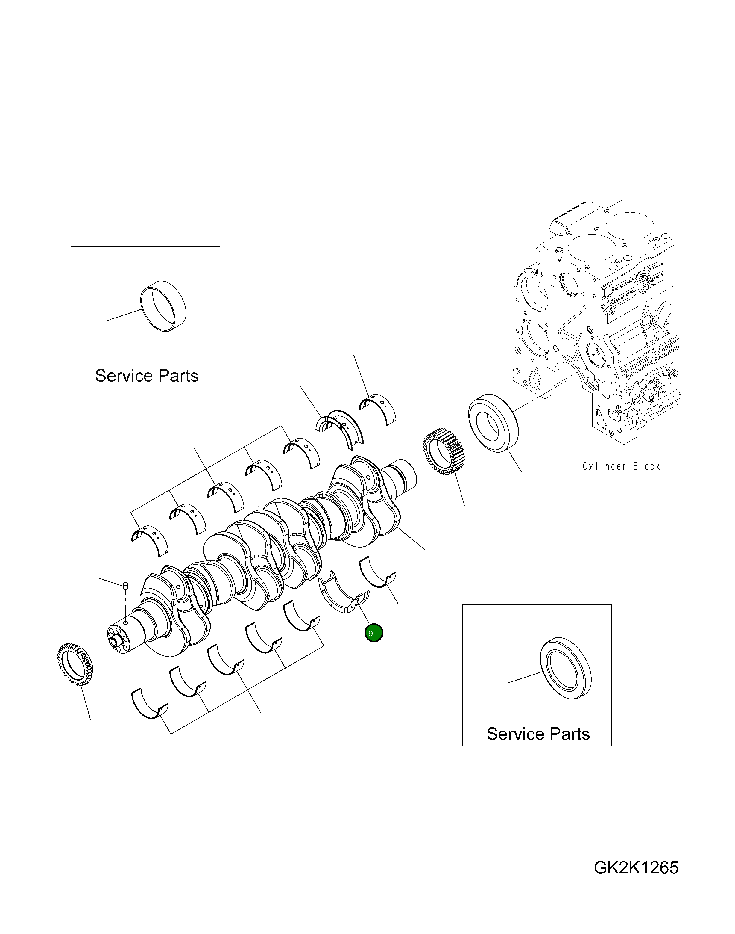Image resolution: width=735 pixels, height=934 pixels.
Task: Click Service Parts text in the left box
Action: [146, 376]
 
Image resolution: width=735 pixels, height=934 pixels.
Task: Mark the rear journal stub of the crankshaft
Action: [402, 474]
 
